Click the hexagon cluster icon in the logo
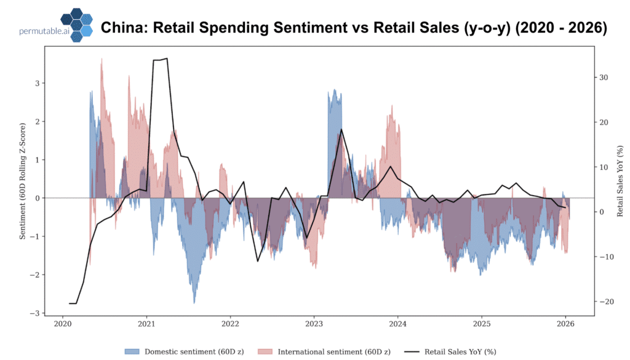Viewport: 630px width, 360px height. pos(77,25)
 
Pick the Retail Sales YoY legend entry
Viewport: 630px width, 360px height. pos(452,351)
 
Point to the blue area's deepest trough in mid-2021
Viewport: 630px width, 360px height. pos(194,303)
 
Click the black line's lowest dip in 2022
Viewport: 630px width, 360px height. pos(258,262)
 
